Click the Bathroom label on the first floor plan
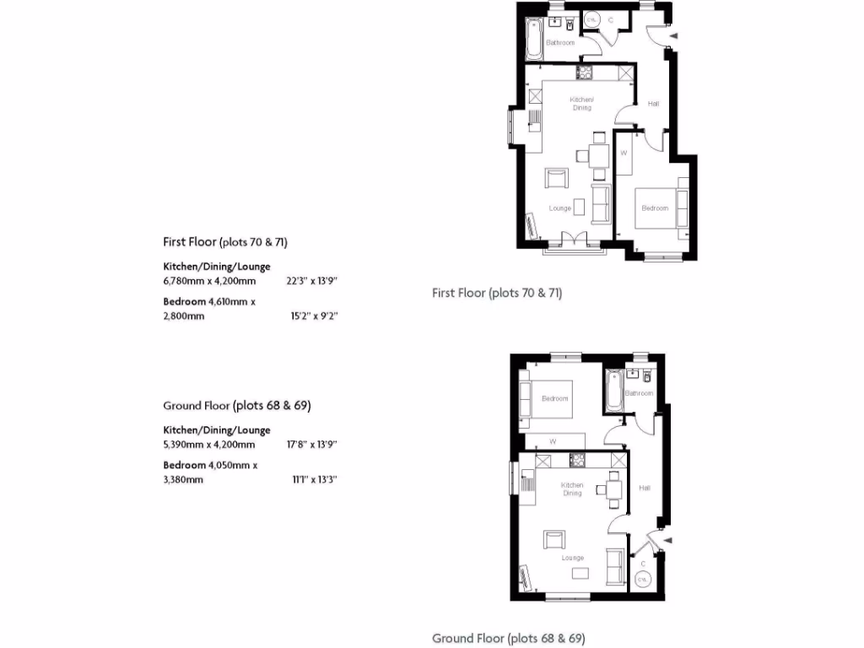(560, 42)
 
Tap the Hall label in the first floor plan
(653, 104)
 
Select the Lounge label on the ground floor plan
(573, 558)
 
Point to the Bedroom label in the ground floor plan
(554, 398)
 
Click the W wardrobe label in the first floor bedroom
(624, 153)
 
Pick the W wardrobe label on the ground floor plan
(553, 441)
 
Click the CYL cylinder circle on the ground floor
(643, 580)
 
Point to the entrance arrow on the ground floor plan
(667, 539)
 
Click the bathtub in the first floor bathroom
(534, 39)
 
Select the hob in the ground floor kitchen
(578, 460)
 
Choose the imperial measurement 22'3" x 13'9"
(317, 281)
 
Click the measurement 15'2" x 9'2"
(317, 316)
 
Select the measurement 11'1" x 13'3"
(317, 479)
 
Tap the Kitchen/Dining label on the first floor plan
(581, 104)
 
